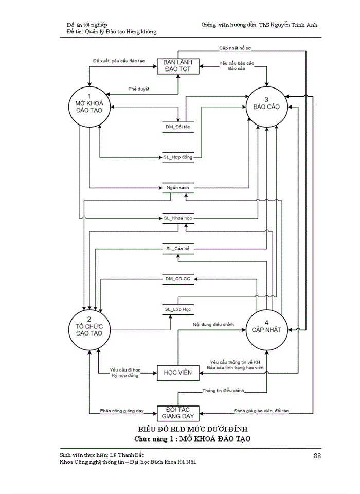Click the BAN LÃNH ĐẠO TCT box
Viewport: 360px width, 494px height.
click(177, 66)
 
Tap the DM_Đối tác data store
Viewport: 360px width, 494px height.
click(177, 127)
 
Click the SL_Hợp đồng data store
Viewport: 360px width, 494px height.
click(177, 157)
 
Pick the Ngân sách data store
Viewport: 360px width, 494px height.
click(177, 188)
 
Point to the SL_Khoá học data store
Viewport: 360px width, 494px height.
click(177, 218)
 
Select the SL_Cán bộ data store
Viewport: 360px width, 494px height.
click(177, 249)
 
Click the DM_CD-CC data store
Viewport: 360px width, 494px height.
click(177, 279)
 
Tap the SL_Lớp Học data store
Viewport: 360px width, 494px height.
click(177, 309)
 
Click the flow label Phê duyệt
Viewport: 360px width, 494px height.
click(139, 89)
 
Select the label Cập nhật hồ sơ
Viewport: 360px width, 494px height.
click(235, 48)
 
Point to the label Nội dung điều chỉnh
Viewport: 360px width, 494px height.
click(213, 325)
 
